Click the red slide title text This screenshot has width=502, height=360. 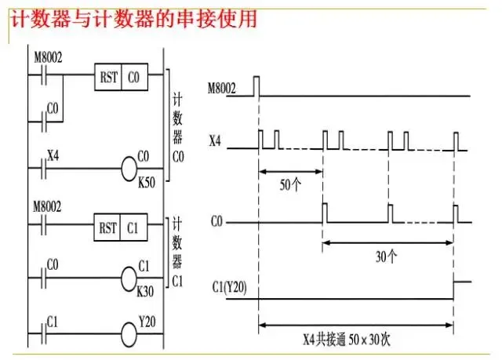(133, 19)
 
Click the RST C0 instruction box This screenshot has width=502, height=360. (121, 78)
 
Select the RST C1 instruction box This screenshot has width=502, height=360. (121, 228)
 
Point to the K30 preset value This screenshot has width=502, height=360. (146, 291)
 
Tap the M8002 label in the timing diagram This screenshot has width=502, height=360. (222, 89)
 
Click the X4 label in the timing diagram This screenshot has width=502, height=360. (215, 140)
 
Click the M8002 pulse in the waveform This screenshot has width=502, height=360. (256, 85)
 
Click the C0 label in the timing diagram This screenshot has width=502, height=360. (217, 223)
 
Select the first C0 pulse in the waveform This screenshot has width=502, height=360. (325, 213)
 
